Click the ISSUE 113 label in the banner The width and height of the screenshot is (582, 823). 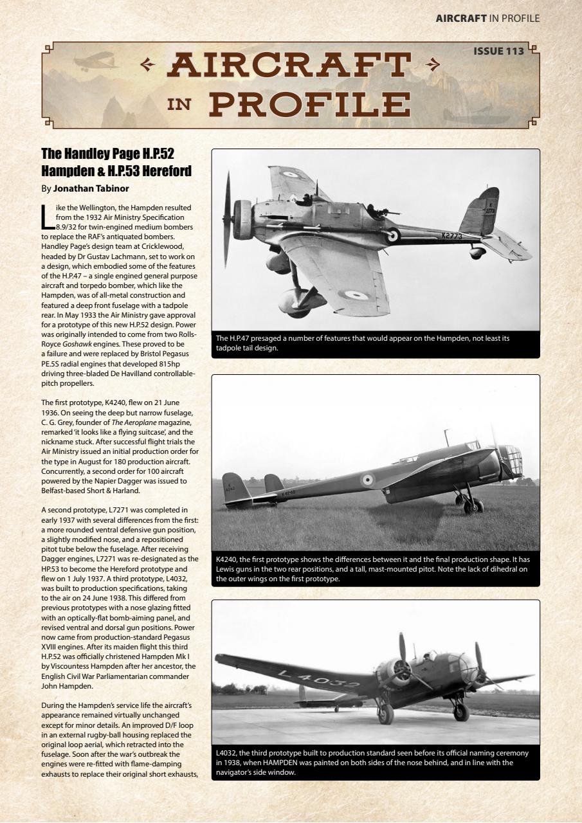pyautogui.click(x=498, y=51)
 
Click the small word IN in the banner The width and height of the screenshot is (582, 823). pyautogui.click(x=179, y=104)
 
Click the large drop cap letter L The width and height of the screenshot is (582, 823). pyautogui.click(x=47, y=217)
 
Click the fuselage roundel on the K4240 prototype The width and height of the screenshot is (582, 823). pyautogui.click(x=367, y=479)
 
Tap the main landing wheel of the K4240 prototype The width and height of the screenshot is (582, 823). pyautogui.click(x=475, y=506)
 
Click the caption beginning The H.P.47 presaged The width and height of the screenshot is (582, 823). pyautogui.click(x=363, y=343)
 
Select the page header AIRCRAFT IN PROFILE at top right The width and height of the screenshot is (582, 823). pyautogui.click(x=487, y=18)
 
